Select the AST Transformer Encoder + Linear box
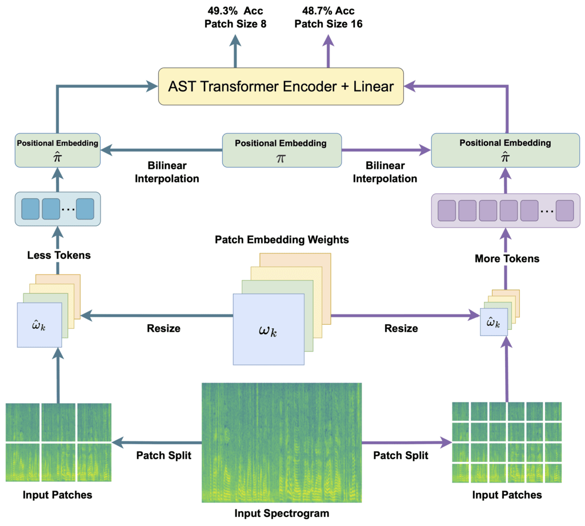281,86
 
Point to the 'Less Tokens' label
58,255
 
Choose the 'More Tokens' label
507,258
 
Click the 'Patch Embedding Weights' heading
282,240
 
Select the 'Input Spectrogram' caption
282,513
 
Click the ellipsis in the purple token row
546,211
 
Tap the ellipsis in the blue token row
67,209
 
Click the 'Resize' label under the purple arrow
400,328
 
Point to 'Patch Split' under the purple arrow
400,456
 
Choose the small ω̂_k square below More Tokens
493,323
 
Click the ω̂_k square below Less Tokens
39,325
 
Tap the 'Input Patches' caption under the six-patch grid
57,494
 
